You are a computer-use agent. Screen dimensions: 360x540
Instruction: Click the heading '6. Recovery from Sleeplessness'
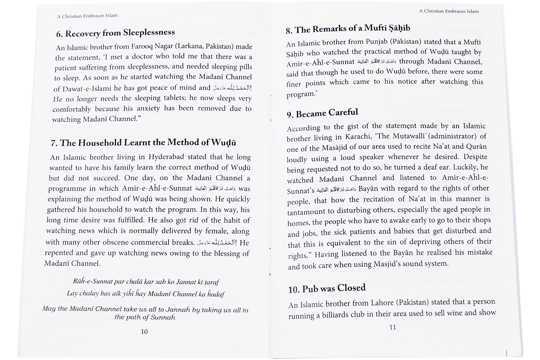point(115,33)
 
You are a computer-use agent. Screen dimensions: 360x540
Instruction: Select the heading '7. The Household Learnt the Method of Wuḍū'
point(143,143)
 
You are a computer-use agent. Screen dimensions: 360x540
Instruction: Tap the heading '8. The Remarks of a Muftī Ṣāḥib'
point(348,29)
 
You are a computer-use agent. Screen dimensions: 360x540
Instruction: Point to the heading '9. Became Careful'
point(322,113)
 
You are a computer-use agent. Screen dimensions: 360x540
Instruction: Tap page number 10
point(144,332)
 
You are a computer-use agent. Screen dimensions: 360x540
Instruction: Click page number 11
point(393,327)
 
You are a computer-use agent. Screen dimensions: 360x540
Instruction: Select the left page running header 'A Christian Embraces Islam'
point(87,16)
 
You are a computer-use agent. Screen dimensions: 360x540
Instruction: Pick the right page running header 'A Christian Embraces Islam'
point(449,11)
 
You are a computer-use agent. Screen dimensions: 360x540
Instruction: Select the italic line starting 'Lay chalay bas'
point(145,294)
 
